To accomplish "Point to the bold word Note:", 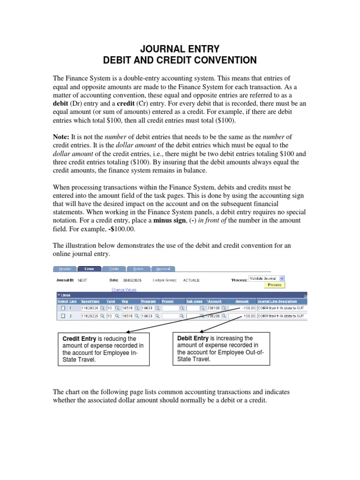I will click(61, 136).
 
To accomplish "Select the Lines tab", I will click(89, 269).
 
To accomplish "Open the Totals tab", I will click(114, 269).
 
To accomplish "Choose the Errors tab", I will click(138, 269).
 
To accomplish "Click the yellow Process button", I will click(274, 285).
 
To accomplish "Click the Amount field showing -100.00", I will click(242, 308).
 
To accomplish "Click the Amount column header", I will click(242, 301).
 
